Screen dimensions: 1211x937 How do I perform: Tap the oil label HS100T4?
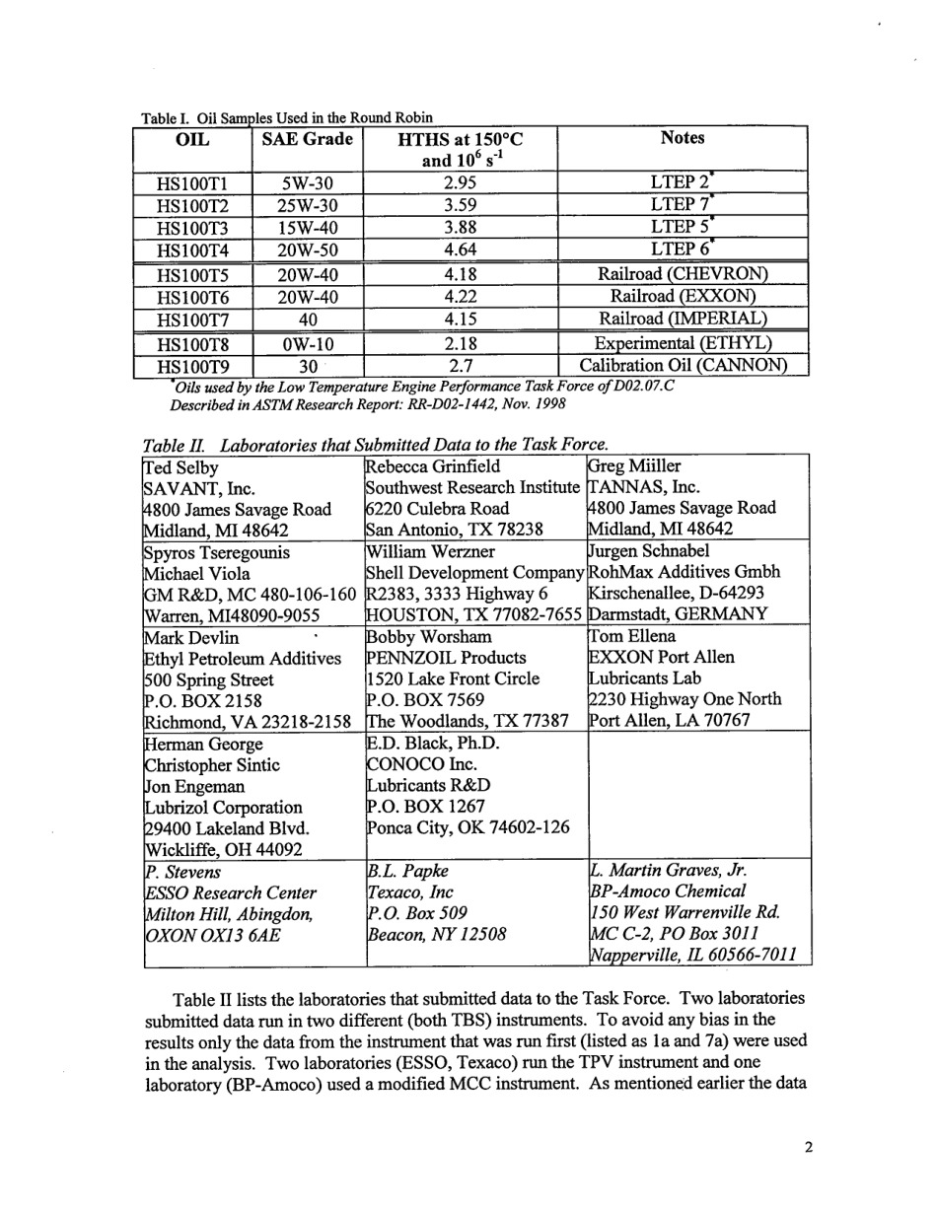pos(193,249)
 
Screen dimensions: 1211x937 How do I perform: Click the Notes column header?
pos(683,139)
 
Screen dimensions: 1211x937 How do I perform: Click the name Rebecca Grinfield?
pos(432,466)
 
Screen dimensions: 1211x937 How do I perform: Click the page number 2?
pos(808,1147)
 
